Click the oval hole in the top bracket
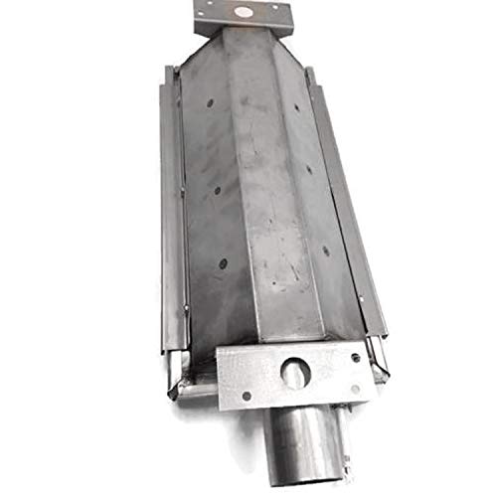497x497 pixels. tap(242, 14)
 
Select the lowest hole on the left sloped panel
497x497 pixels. tap(223, 263)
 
